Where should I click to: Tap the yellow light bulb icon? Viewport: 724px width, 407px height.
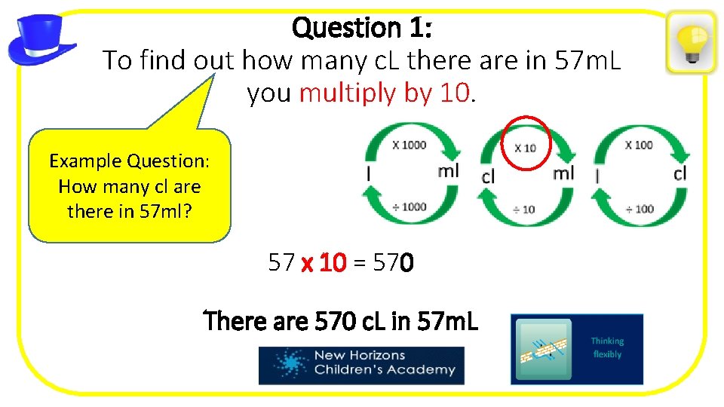691,42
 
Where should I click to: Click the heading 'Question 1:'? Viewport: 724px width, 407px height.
361,28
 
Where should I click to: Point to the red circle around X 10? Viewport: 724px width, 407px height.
526,144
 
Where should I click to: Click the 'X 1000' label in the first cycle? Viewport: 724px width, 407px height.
409,145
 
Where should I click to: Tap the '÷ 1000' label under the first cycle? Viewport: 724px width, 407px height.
409,207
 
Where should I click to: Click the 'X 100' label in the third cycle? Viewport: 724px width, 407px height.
639,145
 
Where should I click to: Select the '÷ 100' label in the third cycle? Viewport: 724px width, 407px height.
639,209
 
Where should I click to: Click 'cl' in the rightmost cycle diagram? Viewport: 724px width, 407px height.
680,173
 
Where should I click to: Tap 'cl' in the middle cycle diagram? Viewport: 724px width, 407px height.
489,176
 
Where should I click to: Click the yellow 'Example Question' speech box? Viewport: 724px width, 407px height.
129,185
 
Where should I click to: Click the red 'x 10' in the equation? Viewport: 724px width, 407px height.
324,263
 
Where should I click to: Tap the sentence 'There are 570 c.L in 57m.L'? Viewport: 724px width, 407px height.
341,322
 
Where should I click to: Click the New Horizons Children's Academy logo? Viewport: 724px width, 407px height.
361,365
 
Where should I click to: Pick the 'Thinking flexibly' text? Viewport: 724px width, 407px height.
607,347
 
